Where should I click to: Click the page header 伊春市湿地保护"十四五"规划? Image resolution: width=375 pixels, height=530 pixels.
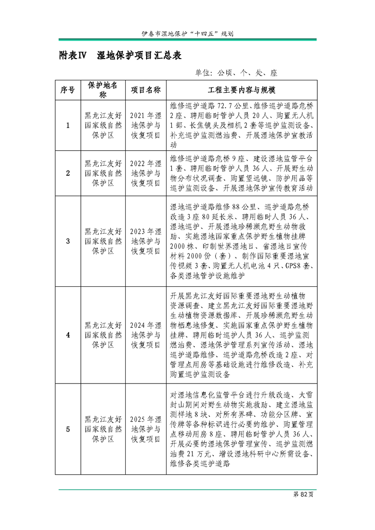click(187, 34)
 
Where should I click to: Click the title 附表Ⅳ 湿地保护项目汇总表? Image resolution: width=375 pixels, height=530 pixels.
click(120, 56)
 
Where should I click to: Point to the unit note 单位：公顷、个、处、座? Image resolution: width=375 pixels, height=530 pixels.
click(235, 73)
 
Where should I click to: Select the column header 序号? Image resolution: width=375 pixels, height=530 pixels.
click(68, 90)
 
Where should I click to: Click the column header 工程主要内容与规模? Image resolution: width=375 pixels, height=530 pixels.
click(241, 90)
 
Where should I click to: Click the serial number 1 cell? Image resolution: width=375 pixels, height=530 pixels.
click(68, 126)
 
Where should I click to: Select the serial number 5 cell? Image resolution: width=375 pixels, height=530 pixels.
click(68, 429)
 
